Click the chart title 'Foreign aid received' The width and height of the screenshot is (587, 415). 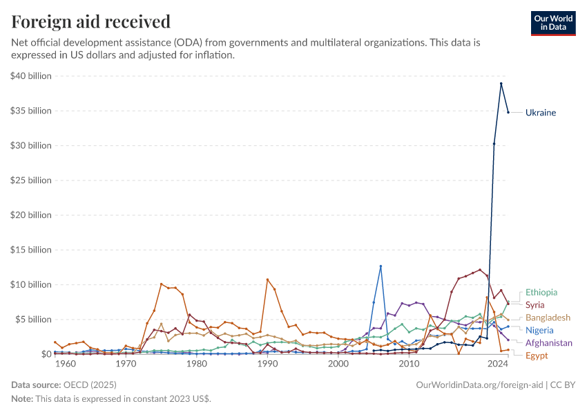[x=91, y=22]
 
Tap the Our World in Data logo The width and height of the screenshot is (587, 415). [x=552, y=23]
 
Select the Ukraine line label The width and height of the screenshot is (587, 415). [x=540, y=112]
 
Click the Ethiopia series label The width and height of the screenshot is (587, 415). [x=541, y=293]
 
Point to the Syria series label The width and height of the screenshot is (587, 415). [x=535, y=304]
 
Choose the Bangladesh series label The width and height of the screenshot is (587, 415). [x=548, y=317]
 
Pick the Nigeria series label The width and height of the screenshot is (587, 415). [x=539, y=330]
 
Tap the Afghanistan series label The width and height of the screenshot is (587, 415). [x=549, y=342]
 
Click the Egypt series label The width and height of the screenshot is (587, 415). [x=537, y=356]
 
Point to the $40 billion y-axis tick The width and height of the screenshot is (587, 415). [x=31, y=76]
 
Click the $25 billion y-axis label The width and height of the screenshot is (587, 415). [x=31, y=181]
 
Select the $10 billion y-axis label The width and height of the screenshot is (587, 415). [x=31, y=284]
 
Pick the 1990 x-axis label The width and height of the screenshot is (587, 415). [x=267, y=364]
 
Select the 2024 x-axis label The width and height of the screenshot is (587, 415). [x=497, y=364]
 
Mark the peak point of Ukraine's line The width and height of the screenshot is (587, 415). [x=501, y=84]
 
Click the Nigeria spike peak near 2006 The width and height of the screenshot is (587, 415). [x=381, y=266]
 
